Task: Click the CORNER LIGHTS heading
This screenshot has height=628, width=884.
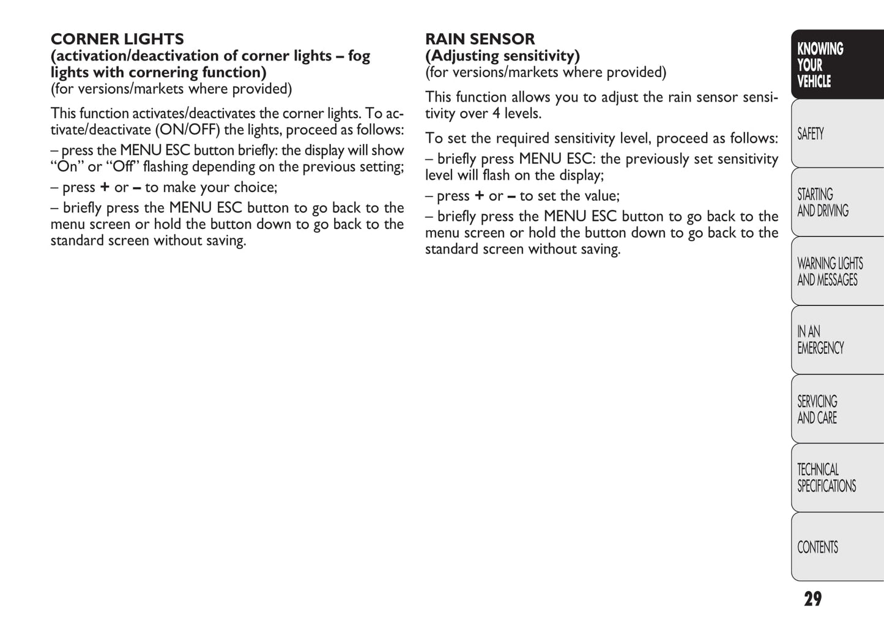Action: pyautogui.click(x=117, y=39)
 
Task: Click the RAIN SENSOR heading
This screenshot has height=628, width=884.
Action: pyautogui.click(x=480, y=39)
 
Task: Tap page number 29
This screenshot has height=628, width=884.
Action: pyautogui.click(x=812, y=599)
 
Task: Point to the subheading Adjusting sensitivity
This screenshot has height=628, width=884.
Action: pyautogui.click(x=502, y=56)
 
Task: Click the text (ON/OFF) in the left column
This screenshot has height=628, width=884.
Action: pyautogui.click(x=188, y=130)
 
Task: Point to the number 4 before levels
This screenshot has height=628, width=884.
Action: pyautogui.click(x=496, y=114)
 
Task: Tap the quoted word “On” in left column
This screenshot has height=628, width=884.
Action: pyautogui.click(x=67, y=166)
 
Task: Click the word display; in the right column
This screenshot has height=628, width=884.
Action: pyautogui.click(x=582, y=176)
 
